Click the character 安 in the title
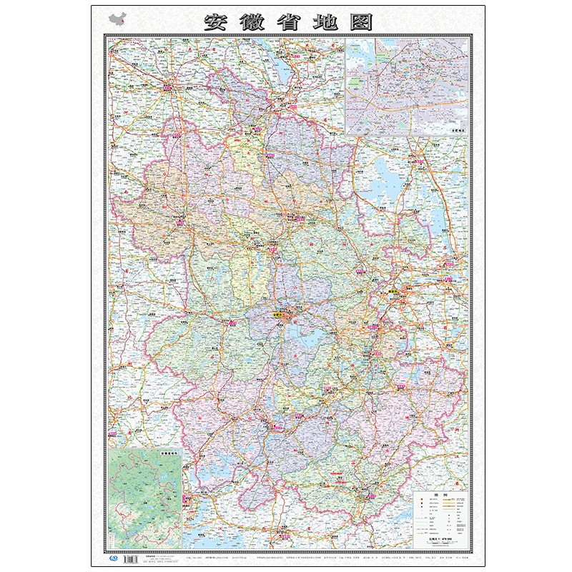point(218,21)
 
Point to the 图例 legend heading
point(438,494)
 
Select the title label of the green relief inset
point(167,453)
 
